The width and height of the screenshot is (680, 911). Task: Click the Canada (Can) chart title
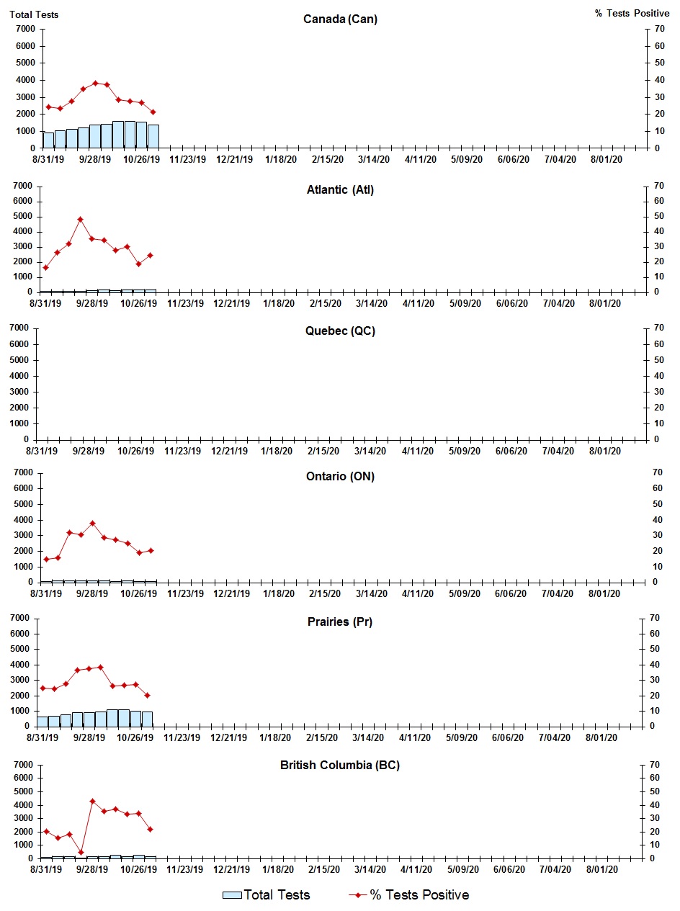click(340, 19)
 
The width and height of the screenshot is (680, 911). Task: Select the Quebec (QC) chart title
click(340, 331)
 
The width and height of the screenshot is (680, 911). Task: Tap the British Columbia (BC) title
click(340, 765)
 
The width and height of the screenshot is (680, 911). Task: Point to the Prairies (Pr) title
click(340, 621)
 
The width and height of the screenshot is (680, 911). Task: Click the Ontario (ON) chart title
click(340, 477)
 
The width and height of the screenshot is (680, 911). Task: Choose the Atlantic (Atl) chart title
click(340, 190)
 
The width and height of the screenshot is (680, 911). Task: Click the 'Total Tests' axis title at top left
click(34, 14)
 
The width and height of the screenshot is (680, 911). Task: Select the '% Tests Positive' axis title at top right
click(632, 14)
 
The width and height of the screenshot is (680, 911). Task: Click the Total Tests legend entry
click(267, 895)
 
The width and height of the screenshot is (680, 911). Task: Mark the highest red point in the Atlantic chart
click(81, 219)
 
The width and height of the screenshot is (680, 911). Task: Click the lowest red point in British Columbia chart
click(81, 852)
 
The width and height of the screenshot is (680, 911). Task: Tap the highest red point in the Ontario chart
click(92, 524)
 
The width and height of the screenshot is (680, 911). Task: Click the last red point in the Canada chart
click(153, 112)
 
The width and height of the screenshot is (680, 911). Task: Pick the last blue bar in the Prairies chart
click(147, 719)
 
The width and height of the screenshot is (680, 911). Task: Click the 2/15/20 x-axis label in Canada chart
click(328, 160)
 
